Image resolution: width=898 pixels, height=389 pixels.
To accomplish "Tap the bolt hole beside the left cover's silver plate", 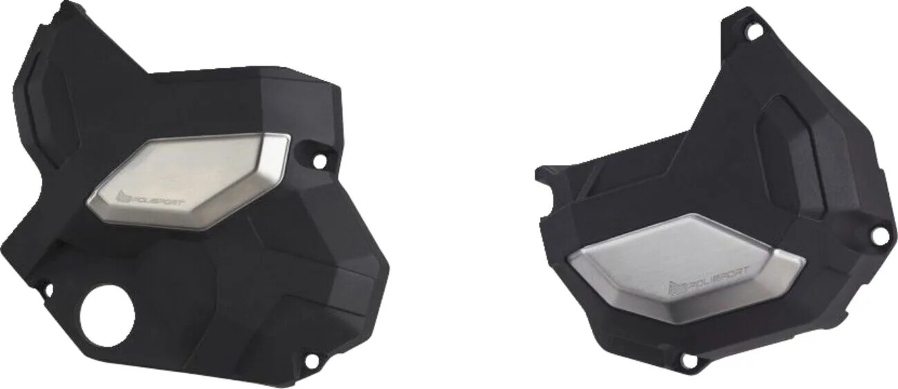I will [x=319, y=160].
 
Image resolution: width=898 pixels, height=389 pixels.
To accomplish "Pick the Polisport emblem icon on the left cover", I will [x=124, y=199].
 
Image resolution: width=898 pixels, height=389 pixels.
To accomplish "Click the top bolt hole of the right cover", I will [x=754, y=30].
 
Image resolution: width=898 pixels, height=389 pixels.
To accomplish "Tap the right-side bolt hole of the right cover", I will [x=879, y=235].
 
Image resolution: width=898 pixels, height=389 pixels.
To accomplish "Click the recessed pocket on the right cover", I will [x=794, y=152].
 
